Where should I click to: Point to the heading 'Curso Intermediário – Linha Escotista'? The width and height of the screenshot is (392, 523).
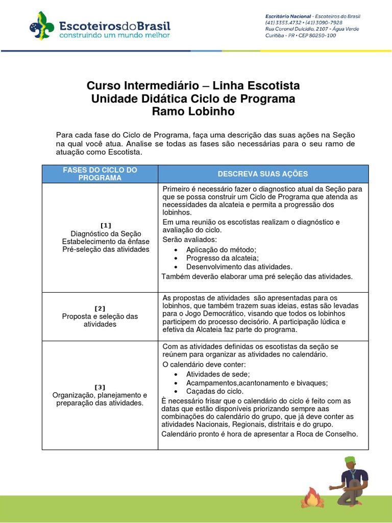[193, 85]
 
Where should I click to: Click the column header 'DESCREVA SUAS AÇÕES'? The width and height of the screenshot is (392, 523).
[263, 174]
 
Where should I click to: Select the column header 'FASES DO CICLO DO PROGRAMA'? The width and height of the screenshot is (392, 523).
[100, 174]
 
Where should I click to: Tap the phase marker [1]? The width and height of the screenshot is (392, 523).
[106, 225]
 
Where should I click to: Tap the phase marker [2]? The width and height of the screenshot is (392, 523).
[100, 308]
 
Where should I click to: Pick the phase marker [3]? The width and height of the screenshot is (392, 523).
[100, 387]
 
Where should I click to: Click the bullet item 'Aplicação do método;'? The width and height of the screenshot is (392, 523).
[221, 249]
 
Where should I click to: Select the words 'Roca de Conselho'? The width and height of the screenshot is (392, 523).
[329, 434]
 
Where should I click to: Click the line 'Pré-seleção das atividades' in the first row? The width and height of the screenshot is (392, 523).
[106, 249]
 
